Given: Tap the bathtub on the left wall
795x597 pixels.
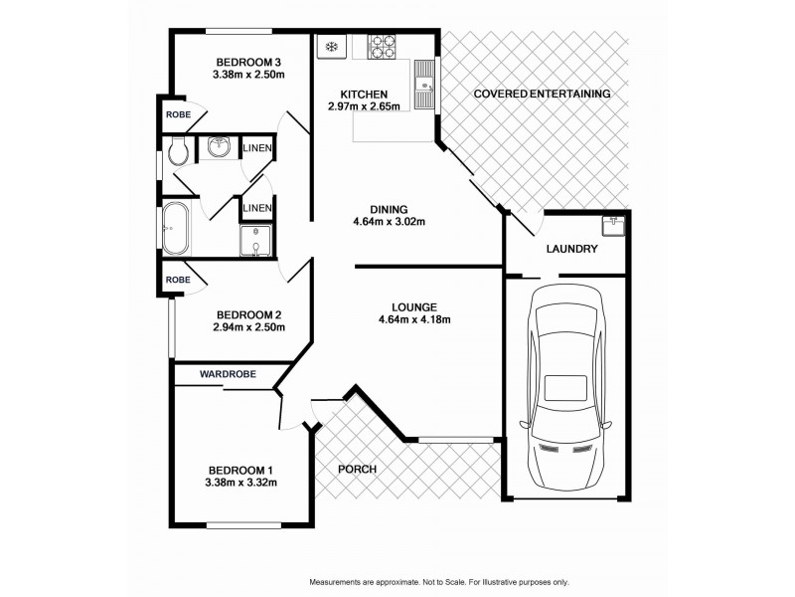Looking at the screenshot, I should point(177,229).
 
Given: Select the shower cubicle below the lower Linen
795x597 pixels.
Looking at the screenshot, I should point(255,239).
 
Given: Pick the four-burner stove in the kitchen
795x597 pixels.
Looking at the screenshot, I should point(382,45).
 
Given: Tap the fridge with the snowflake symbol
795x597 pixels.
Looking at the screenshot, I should point(331,45).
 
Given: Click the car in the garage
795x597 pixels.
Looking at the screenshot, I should point(565,389).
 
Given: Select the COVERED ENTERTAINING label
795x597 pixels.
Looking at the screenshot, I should point(542,94).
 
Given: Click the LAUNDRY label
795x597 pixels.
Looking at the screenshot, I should point(571,249).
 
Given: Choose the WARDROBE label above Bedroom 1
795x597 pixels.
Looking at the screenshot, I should point(228,374).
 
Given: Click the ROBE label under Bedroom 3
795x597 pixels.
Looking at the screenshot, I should point(179,114).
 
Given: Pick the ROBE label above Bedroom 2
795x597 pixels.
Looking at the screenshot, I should point(179,281).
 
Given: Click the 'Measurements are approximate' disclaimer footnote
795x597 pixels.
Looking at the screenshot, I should point(439,581).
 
